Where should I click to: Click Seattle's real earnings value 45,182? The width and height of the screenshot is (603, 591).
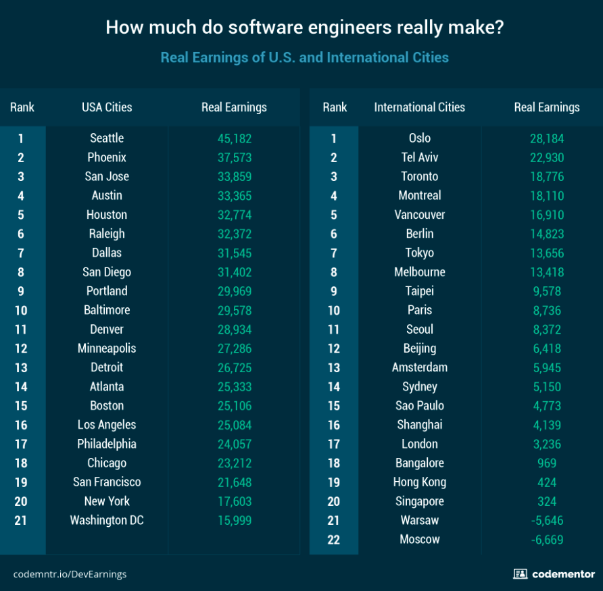(x=234, y=138)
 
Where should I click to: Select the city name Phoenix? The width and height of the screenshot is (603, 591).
(x=107, y=157)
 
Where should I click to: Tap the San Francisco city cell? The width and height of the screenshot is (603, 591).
(x=107, y=482)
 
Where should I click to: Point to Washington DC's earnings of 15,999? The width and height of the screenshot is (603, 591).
(x=234, y=521)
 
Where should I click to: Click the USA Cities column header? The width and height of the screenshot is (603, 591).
(x=107, y=107)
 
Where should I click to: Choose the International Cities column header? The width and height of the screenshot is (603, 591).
(x=419, y=107)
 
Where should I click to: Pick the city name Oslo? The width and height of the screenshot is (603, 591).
(x=419, y=138)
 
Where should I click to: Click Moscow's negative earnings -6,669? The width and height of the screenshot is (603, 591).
(x=546, y=540)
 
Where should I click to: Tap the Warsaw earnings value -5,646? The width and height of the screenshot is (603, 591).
(x=546, y=521)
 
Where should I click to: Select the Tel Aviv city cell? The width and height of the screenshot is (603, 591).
(x=419, y=157)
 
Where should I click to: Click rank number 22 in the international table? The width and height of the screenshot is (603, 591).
(x=334, y=540)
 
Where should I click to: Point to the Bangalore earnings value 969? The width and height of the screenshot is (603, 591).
(x=546, y=463)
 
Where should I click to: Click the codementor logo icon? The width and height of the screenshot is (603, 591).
(x=520, y=574)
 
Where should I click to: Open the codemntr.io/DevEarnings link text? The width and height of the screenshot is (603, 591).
(x=70, y=575)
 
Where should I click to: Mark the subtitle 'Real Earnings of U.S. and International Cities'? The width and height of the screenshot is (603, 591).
(x=304, y=57)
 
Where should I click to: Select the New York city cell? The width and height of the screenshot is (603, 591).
(x=107, y=501)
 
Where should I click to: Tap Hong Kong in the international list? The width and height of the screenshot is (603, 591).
(x=419, y=482)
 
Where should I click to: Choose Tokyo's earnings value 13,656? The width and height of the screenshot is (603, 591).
(x=546, y=253)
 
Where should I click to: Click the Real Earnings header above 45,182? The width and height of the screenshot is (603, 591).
(x=234, y=107)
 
